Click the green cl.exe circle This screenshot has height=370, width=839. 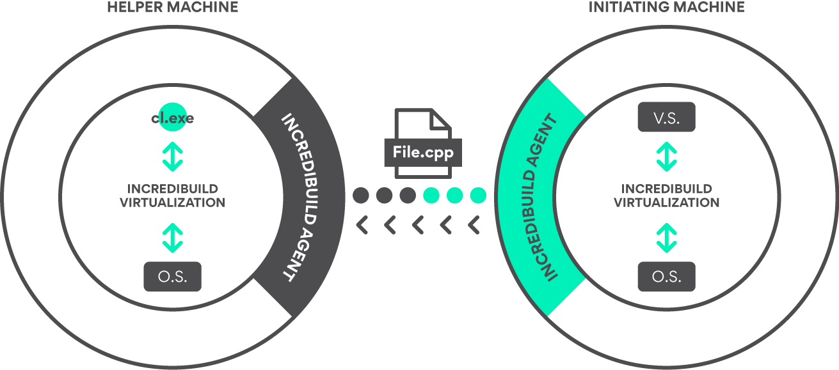click(172, 117)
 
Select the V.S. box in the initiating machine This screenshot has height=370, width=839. click(666, 117)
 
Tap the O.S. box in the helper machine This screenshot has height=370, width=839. click(173, 277)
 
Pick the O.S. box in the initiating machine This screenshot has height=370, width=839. click(666, 277)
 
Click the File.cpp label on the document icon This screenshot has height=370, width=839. click(423, 152)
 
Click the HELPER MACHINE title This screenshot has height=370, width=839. click(173, 7)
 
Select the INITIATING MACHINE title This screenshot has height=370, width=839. click(666, 7)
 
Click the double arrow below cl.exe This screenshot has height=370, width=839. click(173, 157)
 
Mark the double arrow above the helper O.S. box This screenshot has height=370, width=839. click(173, 238)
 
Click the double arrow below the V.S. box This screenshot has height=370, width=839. click(667, 157)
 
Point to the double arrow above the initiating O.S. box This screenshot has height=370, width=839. click(667, 238)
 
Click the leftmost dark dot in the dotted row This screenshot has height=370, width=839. click(361, 196)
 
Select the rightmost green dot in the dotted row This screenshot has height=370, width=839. click(478, 196)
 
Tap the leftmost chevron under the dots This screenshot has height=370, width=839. click(362, 225)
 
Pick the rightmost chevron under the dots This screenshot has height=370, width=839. click(474, 225)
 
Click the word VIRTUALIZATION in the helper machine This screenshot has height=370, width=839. click(173, 203)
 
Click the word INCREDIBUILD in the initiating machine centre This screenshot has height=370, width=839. click(667, 189)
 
